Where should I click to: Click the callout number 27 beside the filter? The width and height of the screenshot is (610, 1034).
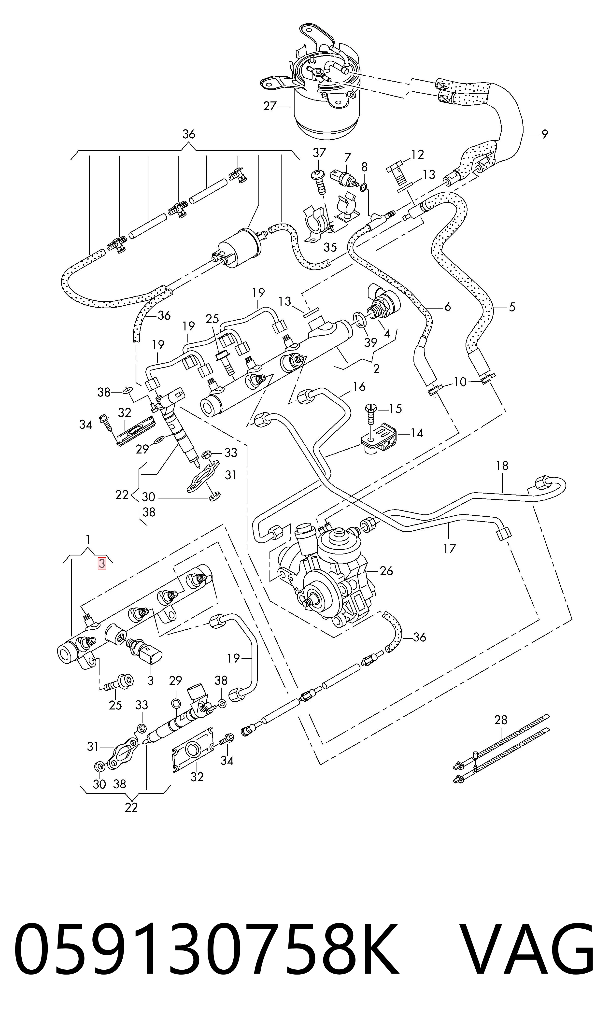pos(270,106)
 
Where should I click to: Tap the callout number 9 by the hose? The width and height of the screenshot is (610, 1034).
pos(545,134)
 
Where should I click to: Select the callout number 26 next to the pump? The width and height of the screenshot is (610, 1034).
pos(386,571)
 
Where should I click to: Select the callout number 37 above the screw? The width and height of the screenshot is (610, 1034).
pos(319,153)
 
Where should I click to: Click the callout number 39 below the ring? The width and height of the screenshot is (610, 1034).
pos(371,342)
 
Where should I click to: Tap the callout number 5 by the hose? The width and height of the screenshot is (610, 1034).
pos(512,307)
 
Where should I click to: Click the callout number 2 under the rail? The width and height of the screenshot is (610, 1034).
pos(376,369)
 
